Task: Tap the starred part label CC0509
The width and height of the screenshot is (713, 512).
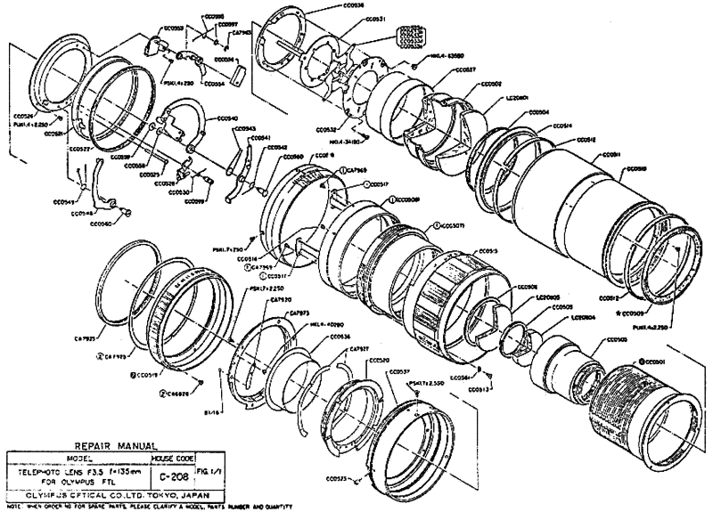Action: (634, 313)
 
